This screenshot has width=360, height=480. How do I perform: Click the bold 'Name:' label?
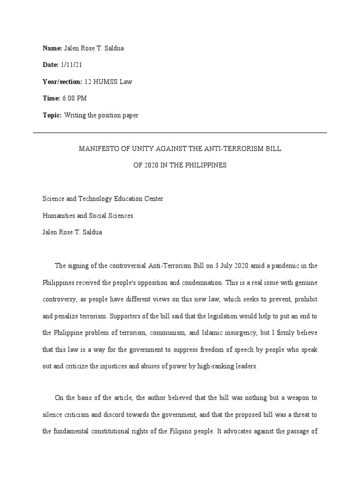coord(52,48)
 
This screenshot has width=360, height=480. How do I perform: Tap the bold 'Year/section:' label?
coord(62,82)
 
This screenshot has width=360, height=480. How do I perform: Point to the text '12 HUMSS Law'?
coord(108,82)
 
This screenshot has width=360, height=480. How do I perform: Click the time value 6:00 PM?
coord(75,98)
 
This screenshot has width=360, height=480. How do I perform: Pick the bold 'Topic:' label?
coord(52,115)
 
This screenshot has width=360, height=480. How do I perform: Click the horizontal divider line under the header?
coord(180,133)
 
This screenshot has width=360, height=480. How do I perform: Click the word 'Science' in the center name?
coord(54,199)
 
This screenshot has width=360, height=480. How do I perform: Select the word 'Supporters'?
coord(127,316)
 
